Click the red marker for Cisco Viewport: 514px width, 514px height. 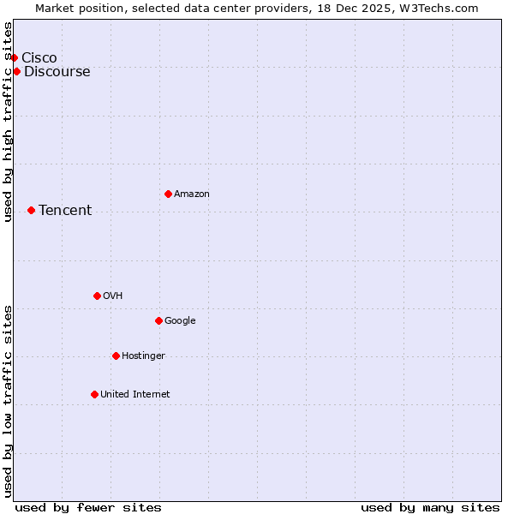click(x=15, y=57)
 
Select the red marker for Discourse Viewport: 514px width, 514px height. click(x=17, y=71)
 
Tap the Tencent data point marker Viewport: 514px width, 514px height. click(x=31, y=210)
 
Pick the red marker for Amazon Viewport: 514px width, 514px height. click(x=168, y=194)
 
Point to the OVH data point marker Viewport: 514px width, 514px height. click(x=97, y=296)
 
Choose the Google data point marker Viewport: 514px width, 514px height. click(x=158, y=320)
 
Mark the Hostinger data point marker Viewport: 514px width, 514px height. click(x=116, y=356)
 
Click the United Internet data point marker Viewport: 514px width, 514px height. click(x=94, y=394)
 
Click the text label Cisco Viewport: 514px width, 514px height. click(x=39, y=57)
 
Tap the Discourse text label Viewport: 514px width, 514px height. click(x=57, y=71)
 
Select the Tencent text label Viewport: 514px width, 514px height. click(x=65, y=210)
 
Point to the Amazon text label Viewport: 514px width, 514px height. click(x=192, y=194)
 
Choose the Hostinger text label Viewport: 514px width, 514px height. click(x=143, y=356)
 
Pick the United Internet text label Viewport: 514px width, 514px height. click(x=135, y=394)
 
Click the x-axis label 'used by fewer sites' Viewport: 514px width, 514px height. click(x=88, y=507)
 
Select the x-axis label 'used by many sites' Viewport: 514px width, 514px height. click(x=430, y=507)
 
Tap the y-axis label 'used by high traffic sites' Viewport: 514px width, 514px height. click(x=9, y=122)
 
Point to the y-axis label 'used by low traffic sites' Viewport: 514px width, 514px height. click(x=9, y=400)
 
